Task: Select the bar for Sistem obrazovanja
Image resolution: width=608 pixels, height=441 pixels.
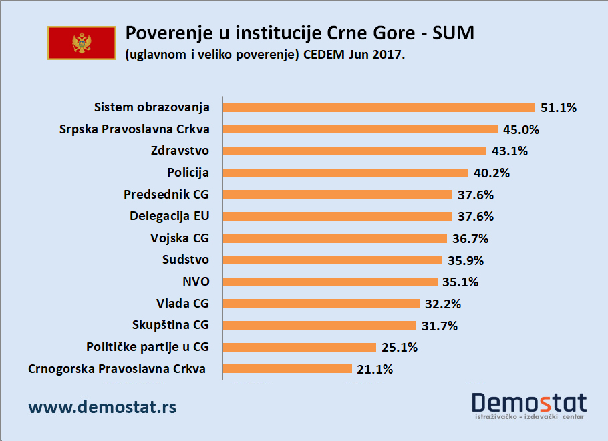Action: point(379,107)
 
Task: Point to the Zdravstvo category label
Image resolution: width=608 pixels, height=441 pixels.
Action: point(180,151)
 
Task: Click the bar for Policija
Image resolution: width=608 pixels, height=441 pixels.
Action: point(345,173)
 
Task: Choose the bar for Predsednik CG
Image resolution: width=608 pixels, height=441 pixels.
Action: point(337,195)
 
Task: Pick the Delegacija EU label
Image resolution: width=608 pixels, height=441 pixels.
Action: point(169,216)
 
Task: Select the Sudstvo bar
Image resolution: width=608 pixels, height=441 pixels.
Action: point(332,260)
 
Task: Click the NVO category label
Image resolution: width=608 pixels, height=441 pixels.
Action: point(195,282)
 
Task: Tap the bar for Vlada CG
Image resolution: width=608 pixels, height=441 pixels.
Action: point(321,304)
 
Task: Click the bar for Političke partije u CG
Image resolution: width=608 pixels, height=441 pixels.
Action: point(299,347)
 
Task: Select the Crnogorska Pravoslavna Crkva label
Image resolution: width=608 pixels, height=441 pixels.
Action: point(117,369)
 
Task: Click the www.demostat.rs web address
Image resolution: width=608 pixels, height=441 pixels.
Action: point(102,406)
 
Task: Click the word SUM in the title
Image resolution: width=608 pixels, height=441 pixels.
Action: point(453,33)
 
